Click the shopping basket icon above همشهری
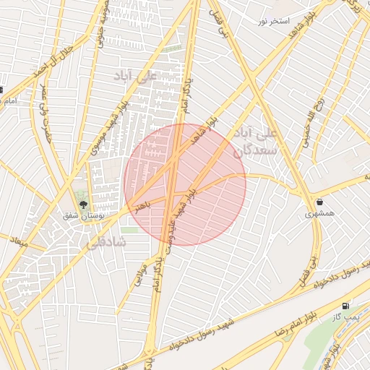(319, 202)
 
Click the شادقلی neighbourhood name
(106, 243)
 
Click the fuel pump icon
(347, 306)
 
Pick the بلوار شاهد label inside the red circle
(203, 134)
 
